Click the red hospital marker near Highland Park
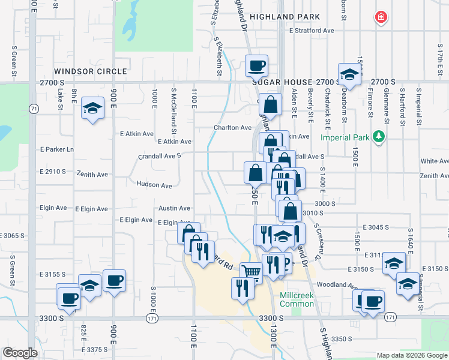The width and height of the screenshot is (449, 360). click(380, 17)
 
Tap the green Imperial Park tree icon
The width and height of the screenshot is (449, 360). click(379, 137)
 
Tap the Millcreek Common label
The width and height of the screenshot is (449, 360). click(297, 299)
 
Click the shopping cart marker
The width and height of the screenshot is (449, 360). click(252, 273)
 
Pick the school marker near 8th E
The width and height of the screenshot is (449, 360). click(92, 108)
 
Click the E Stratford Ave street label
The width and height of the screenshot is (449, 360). click(311, 30)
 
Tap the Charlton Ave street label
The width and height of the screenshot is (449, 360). click(233, 128)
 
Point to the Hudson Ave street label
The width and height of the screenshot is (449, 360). click(154, 185)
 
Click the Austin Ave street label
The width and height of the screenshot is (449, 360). click(174, 208)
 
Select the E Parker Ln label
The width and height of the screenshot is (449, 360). click(56, 149)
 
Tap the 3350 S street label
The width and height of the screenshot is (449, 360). click(341, 339)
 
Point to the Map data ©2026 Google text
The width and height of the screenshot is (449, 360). click(411, 355)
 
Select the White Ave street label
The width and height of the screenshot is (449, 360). click(435, 161)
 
